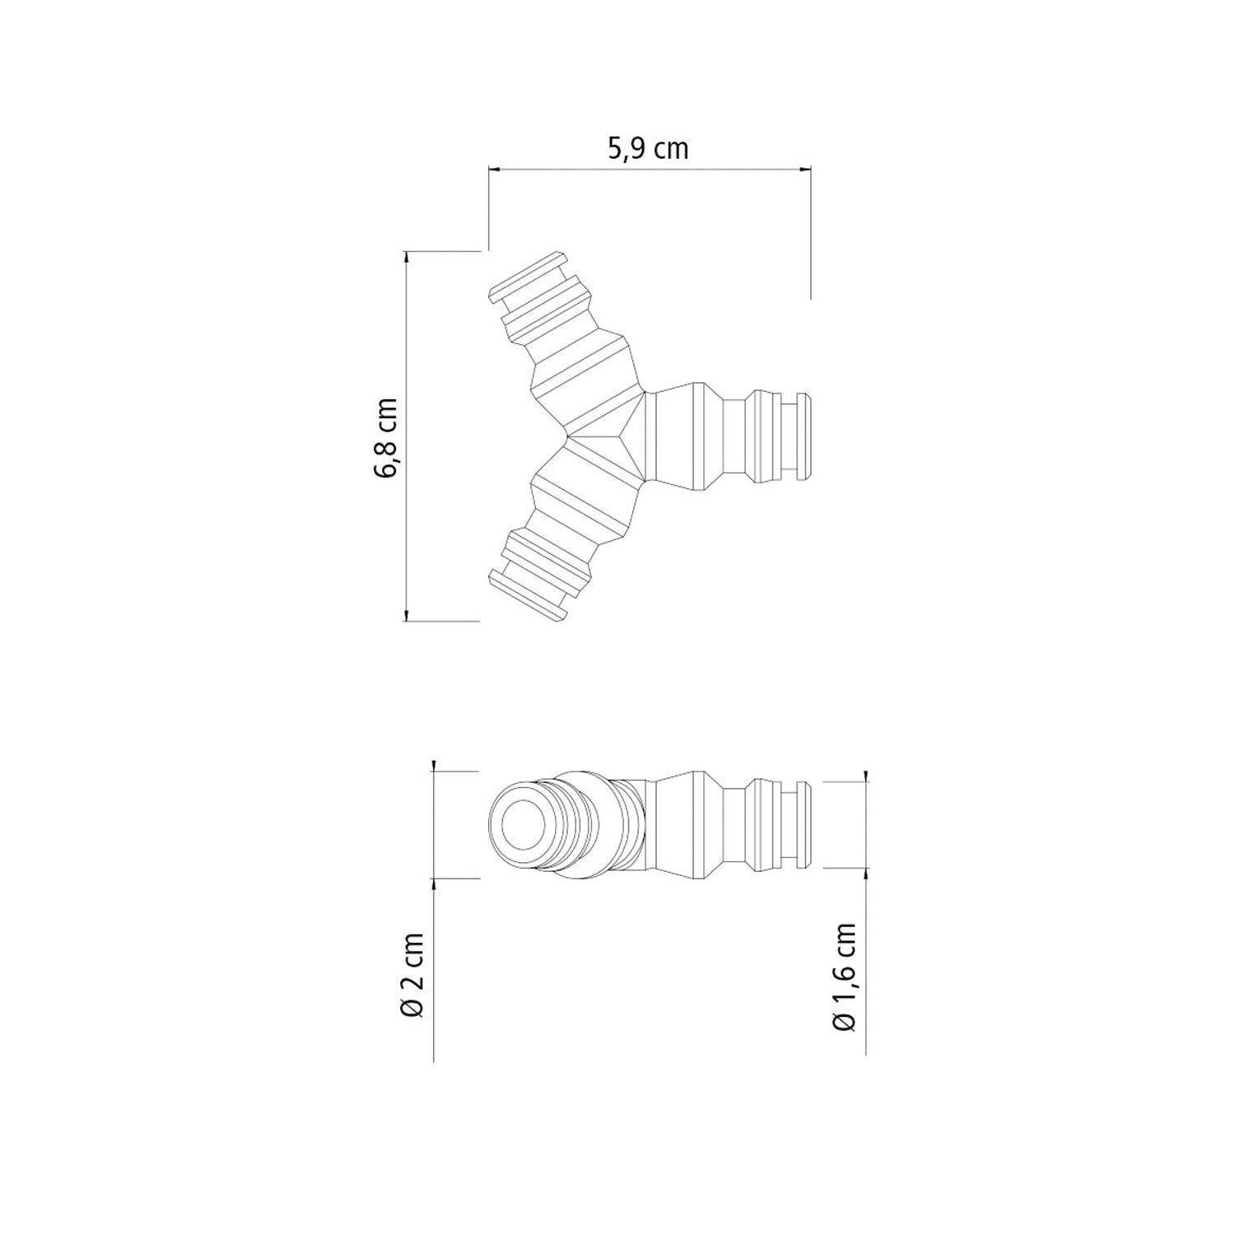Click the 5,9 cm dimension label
(x=647, y=149)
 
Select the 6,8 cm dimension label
(x=385, y=437)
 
